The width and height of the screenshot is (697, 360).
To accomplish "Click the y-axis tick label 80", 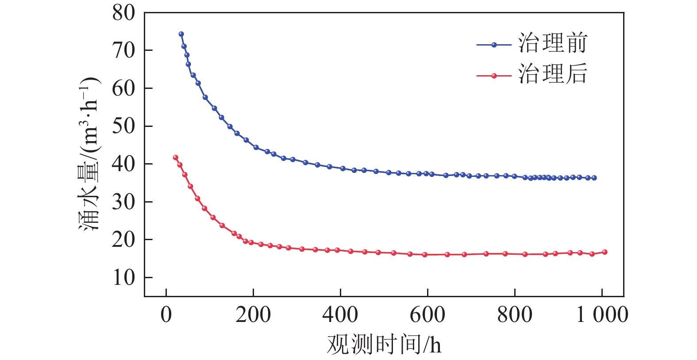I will point(123,13).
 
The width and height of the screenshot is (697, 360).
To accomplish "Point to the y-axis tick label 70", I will point(123,51).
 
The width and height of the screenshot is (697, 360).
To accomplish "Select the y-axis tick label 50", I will point(123,126).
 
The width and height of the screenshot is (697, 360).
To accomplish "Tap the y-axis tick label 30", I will point(123,202).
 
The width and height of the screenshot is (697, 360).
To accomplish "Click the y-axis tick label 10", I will point(123,278).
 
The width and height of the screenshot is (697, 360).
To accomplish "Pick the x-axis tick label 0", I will point(166,315).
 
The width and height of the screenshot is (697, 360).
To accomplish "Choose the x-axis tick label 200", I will point(253,315).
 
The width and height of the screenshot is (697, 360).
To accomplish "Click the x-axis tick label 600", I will point(427,315).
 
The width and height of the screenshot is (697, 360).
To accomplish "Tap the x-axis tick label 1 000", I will point(602,315).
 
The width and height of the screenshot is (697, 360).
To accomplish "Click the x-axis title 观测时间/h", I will point(384,345).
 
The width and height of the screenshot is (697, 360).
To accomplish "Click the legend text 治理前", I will point(553,43).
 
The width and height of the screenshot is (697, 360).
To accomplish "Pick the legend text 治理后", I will point(553,73).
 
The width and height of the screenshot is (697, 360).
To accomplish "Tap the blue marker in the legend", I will point(494,45).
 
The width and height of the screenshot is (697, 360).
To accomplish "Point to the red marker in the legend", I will point(494,76).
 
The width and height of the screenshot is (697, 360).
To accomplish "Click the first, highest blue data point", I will point(181,34).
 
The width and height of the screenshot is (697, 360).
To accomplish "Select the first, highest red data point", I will point(175,157).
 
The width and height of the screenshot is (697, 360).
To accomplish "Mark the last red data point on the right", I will point(605,252).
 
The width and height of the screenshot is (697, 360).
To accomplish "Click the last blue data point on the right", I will point(594,178).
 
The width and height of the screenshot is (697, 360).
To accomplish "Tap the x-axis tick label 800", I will point(515,315).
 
